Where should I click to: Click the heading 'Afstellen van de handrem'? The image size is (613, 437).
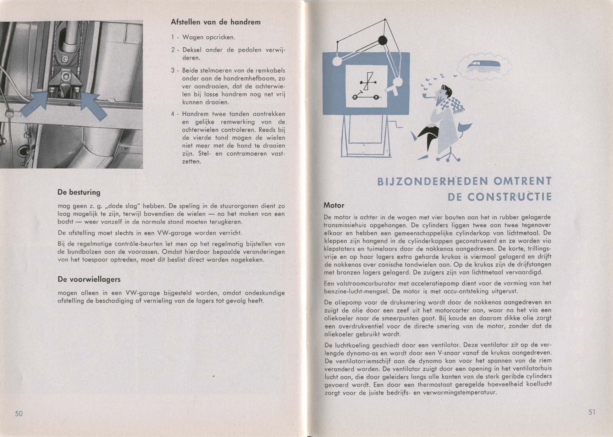215,22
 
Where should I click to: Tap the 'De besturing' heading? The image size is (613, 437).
79,193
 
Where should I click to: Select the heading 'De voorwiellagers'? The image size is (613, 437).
89,280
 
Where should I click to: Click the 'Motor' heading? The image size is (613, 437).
334,205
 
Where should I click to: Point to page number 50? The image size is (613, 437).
19,414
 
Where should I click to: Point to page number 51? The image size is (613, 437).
592,412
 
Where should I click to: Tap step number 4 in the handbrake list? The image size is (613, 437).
173,114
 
